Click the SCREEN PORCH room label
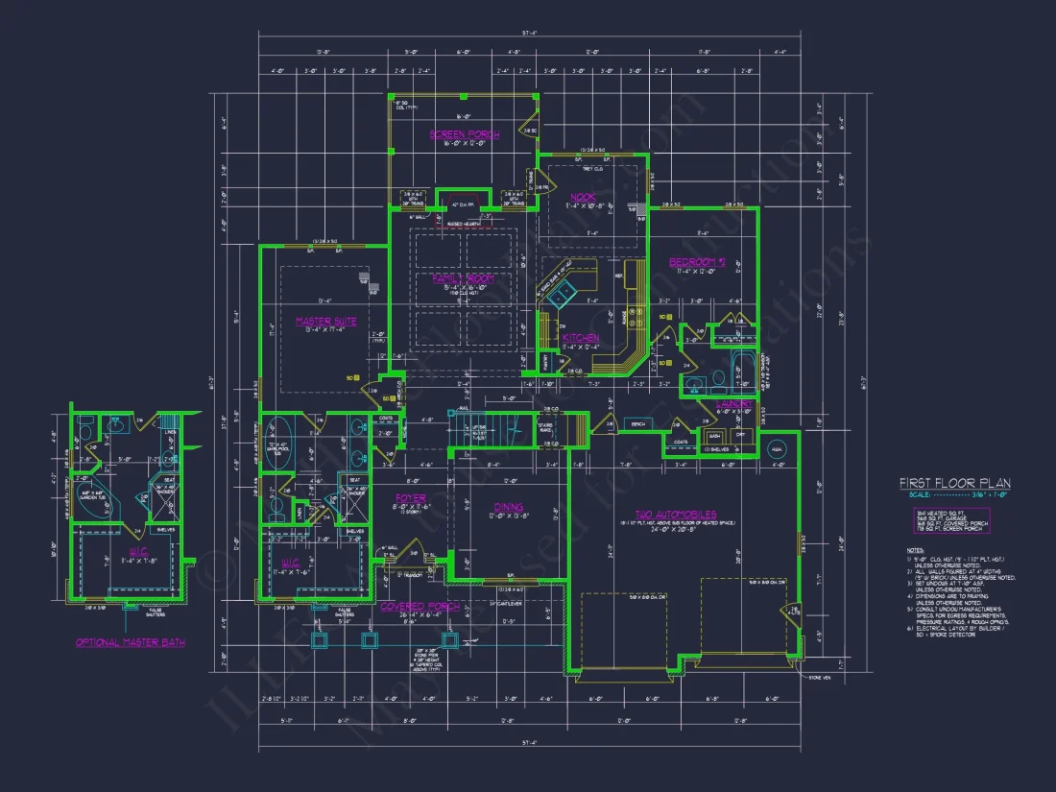click(x=464, y=134)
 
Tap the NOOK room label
click(x=583, y=197)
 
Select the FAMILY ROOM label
click(x=463, y=277)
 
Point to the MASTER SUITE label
click(x=325, y=322)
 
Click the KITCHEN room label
click(x=581, y=338)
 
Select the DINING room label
click(x=508, y=506)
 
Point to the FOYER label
click(x=410, y=498)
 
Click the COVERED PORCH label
click(x=419, y=607)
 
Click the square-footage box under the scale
click(x=950, y=520)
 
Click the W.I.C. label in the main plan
click(x=289, y=563)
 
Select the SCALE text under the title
click(x=921, y=495)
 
